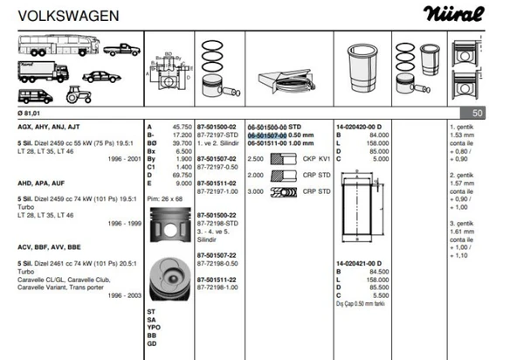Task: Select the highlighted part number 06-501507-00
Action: coord(273,135)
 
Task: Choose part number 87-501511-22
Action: coord(217,280)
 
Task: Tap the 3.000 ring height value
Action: coord(256,190)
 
